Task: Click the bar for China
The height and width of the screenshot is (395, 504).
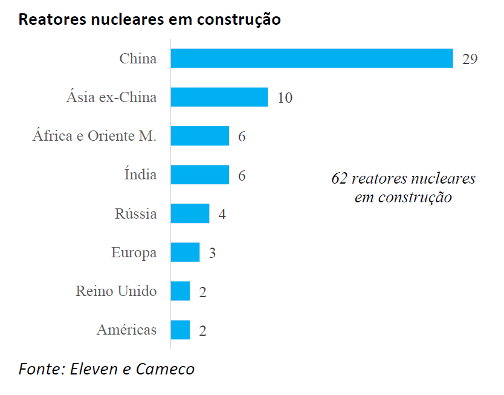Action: [311, 59]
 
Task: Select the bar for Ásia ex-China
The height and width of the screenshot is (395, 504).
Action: [219, 97]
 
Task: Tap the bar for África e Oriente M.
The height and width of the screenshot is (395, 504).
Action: [199, 136]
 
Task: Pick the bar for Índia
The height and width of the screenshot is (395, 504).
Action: [199, 175]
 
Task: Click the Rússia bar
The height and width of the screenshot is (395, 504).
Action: [190, 214]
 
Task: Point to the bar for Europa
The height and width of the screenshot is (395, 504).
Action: [185, 252]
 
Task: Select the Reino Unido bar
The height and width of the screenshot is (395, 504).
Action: [180, 291]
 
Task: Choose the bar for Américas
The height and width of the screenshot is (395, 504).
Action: [180, 330]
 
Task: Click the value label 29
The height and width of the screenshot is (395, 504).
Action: [470, 59]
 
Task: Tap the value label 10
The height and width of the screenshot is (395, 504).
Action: [285, 98]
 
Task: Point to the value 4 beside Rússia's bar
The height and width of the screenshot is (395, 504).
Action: [222, 214]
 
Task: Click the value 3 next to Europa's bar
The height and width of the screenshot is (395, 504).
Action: [212, 253]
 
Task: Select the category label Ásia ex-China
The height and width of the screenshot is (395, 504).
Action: [111, 97]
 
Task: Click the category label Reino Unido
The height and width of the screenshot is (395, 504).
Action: [116, 291]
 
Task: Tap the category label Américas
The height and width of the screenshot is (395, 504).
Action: [126, 330]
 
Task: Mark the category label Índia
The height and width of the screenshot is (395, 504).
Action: [140, 175]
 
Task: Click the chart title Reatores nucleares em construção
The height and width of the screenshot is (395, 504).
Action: [149, 19]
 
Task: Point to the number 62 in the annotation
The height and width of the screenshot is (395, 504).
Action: [339, 179]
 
